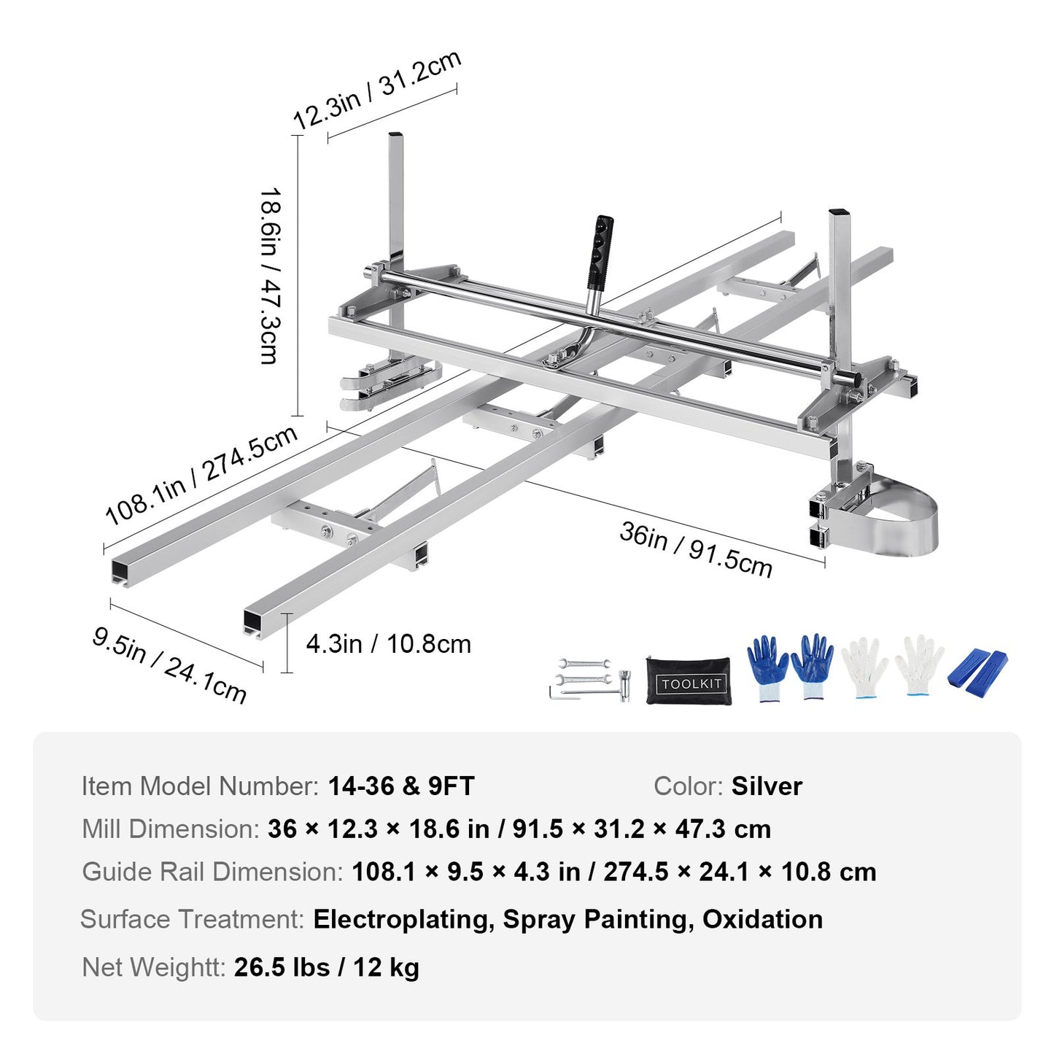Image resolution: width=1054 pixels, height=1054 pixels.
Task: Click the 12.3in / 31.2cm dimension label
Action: click(x=376, y=90)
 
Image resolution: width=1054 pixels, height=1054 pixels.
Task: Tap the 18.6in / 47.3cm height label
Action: click(x=271, y=276)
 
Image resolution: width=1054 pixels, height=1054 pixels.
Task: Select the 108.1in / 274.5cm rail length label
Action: click(x=201, y=475)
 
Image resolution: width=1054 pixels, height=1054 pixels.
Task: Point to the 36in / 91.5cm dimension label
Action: click(x=695, y=549)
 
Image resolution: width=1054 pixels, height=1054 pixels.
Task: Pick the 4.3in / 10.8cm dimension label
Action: click(x=388, y=644)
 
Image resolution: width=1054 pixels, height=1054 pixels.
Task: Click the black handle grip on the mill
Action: click(x=601, y=252)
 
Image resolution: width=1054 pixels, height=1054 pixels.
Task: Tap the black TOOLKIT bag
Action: click(x=689, y=681)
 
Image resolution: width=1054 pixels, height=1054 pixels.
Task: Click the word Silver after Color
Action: click(x=767, y=786)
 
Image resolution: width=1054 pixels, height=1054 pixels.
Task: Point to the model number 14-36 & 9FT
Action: click(x=401, y=786)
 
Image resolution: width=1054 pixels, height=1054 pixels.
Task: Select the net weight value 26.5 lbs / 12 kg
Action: click(x=327, y=967)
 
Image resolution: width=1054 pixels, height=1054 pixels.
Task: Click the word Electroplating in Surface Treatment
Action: click(x=400, y=919)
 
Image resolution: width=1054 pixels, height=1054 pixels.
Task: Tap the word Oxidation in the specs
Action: click(x=762, y=919)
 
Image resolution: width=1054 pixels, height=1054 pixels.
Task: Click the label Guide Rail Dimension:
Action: click(x=212, y=872)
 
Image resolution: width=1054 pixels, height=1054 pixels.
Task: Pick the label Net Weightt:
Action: click(x=154, y=967)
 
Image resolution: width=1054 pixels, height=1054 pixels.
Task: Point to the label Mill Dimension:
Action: click(x=171, y=829)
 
